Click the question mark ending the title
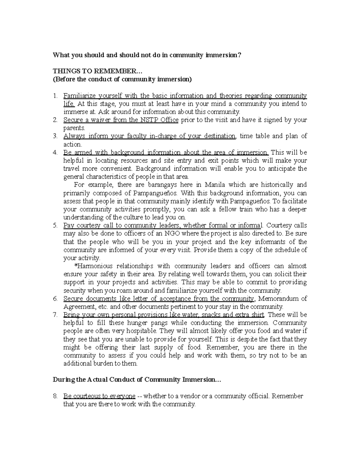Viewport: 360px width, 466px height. click(x=240, y=55)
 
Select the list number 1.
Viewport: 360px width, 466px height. click(x=55, y=96)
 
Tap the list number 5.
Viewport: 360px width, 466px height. click(x=55, y=225)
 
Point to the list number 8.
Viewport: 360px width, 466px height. click(x=55, y=396)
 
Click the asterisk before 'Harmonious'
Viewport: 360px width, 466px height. click(x=75, y=266)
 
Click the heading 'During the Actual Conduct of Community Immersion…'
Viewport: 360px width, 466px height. click(x=136, y=380)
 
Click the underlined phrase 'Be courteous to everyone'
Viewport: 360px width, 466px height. click(x=99, y=396)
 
